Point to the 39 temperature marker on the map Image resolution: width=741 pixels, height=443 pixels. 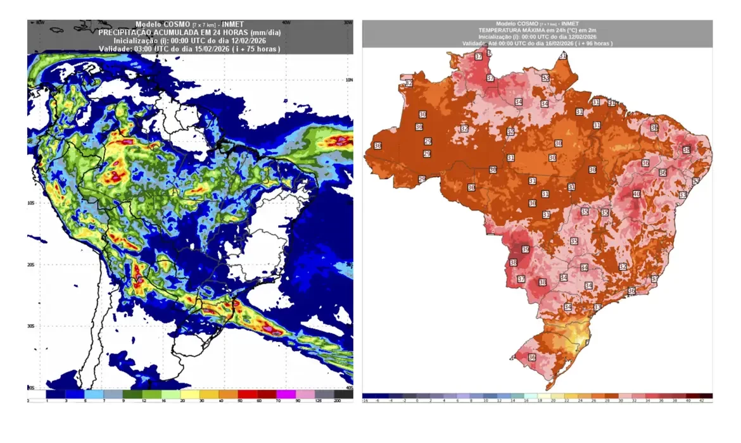tap(525, 249)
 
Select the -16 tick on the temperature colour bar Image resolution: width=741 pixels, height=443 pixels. tap(365, 401)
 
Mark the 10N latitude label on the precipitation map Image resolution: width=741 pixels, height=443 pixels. tap(348, 80)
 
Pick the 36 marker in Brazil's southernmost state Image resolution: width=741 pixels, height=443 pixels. tap(532, 358)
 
